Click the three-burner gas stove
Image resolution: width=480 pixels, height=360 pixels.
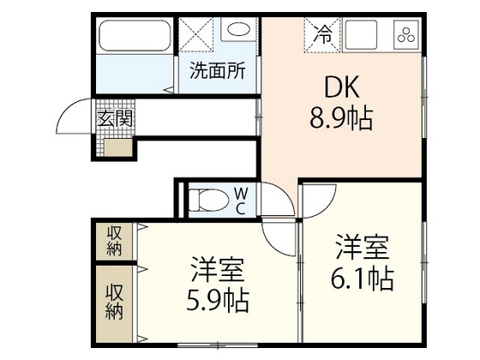click(405, 36)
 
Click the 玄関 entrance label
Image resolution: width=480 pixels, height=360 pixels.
click(114, 119)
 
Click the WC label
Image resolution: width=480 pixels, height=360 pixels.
click(241, 201)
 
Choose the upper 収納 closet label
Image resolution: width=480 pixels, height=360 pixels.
click(114, 240)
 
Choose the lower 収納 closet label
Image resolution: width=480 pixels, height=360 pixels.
click(114, 301)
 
